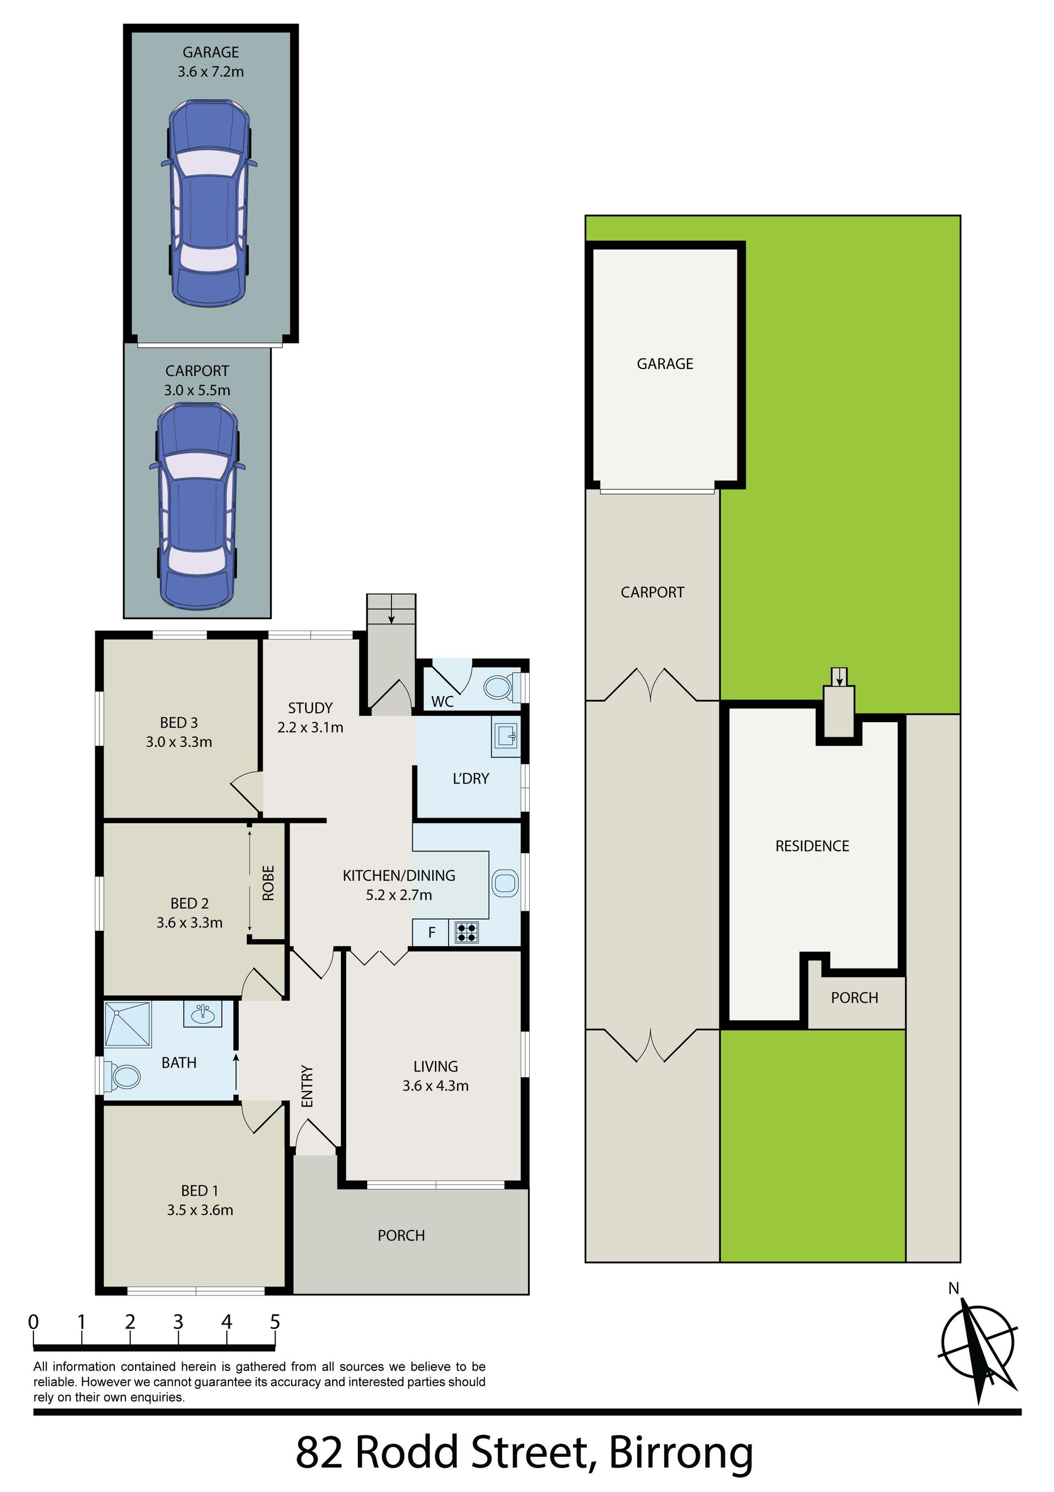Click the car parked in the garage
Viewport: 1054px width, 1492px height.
click(209, 203)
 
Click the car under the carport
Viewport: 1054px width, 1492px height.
click(198, 506)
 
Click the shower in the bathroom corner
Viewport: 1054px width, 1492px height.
click(128, 1025)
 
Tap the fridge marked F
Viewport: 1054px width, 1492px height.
click(431, 933)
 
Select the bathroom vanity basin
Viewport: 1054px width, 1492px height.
click(203, 1014)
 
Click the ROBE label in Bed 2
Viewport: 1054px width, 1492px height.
click(268, 883)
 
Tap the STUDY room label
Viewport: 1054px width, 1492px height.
click(310, 708)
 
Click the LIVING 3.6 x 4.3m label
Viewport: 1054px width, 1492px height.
click(435, 1076)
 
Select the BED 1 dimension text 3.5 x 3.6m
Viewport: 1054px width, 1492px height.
click(199, 1210)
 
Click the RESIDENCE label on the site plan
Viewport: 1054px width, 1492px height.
click(812, 846)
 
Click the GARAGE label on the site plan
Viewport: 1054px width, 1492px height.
click(665, 364)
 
